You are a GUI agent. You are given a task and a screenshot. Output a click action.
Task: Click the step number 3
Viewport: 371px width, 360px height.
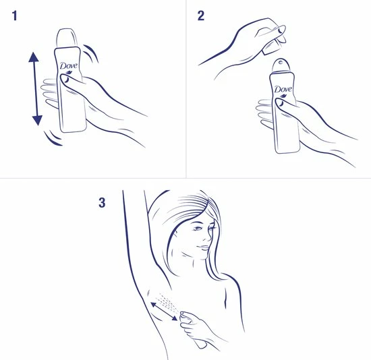click(x=103, y=202)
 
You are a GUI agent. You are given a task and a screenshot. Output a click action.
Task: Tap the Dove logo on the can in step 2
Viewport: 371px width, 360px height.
click(x=282, y=90)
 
